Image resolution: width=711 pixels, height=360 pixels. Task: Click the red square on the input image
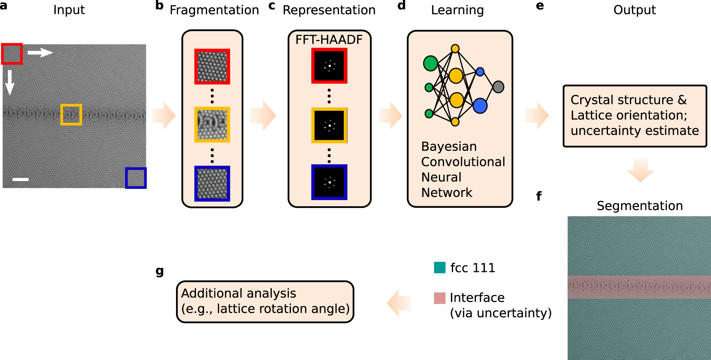12,54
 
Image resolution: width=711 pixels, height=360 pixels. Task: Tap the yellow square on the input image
71,115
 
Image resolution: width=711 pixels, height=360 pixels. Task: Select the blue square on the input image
136,178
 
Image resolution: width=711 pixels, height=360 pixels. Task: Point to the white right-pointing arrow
40,52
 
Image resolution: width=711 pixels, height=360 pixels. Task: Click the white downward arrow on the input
10,82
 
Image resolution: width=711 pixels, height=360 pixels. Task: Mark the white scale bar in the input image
20,179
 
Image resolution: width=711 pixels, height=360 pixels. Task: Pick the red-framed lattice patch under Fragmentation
212,66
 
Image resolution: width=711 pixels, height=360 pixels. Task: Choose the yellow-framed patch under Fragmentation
212,124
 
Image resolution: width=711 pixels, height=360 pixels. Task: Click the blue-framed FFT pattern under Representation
329,182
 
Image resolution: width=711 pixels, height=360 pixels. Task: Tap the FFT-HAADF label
329,40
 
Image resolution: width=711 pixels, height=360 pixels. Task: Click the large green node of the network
431,63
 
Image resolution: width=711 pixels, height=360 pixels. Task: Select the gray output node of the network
498,86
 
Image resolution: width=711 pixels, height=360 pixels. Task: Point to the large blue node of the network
480,106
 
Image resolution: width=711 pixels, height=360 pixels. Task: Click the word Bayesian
449,146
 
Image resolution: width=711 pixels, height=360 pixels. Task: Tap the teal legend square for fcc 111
440,267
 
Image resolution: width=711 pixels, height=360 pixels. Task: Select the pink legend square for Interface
440,298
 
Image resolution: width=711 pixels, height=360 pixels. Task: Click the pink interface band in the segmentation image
639,287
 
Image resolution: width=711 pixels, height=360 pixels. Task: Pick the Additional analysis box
265,302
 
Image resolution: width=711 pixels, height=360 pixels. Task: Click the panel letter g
160,271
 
